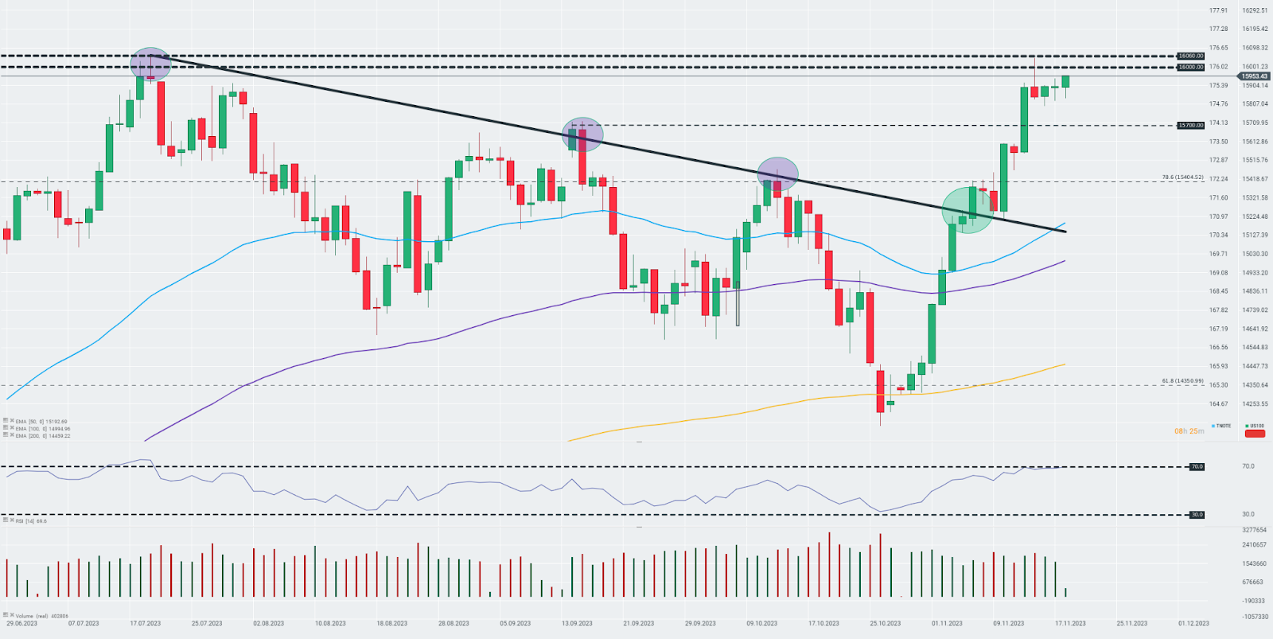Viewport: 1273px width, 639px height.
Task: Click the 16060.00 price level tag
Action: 1190,56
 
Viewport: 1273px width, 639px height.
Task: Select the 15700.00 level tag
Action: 1190,125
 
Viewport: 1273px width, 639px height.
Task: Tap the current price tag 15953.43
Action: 1254,76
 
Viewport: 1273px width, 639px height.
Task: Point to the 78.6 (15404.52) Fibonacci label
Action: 1182,177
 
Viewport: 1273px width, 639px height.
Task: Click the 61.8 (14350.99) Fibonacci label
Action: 1182,381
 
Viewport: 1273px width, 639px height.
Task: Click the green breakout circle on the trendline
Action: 967,210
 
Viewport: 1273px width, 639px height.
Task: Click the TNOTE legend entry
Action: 1221,426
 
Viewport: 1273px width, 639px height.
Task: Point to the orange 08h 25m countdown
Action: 1189,431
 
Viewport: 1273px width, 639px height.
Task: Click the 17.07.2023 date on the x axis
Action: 146,623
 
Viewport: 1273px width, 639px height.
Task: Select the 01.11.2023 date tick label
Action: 947,623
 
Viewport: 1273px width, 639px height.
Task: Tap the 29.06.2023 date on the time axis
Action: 21,623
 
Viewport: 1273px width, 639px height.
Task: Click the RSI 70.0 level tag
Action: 1197,466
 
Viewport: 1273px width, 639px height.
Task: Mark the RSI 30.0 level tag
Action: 1197,515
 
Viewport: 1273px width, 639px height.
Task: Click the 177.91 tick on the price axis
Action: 1218,10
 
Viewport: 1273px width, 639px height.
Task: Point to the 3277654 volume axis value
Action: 1254,529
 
